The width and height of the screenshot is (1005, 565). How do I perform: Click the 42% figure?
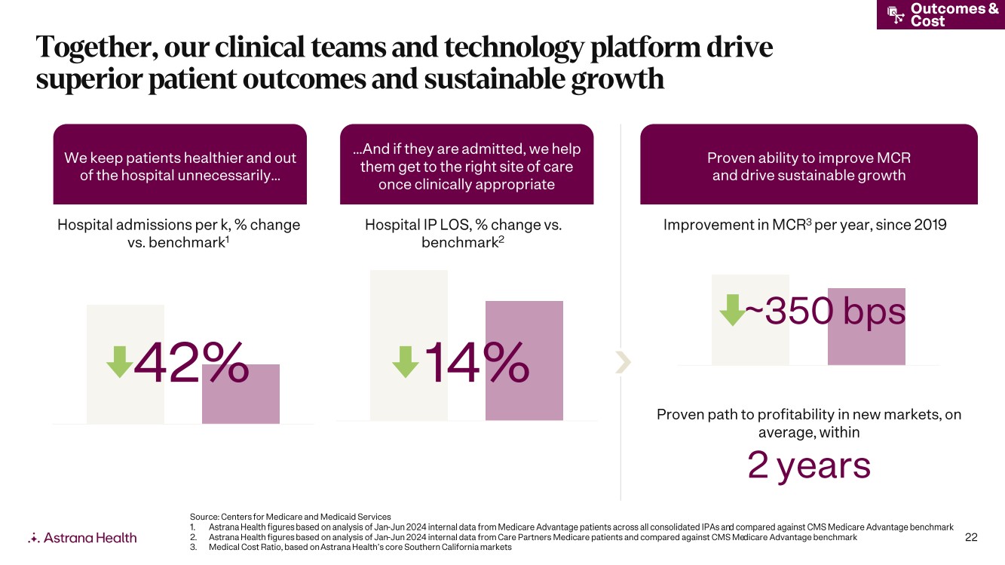pyautogui.click(x=192, y=362)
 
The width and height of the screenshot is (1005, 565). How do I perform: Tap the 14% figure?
pyautogui.click(x=477, y=362)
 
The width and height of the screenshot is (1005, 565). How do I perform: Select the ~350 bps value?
pyautogui.click(x=826, y=311)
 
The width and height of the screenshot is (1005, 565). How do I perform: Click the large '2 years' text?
pyautogui.click(x=809, y=465)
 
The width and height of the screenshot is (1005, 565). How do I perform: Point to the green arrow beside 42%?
pyautogui.click(x=120, y=362)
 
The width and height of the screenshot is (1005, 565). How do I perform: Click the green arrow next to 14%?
pyautogui.click(x=405, y=362)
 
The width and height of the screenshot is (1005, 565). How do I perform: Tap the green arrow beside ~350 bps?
pyautogui.click(x=733, y=310)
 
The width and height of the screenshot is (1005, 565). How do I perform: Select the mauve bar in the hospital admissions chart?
pyautogui.click(x=241, y=394)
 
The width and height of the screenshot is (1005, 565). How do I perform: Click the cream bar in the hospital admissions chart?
pyautogui.click(x=125, y=364)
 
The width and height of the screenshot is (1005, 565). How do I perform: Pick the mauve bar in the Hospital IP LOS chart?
pyautogui.click(x=524, y=361)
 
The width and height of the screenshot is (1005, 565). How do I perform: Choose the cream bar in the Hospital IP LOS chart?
pyautogui.click(x=409, y=345)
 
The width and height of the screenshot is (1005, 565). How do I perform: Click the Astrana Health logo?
pyautogui.click(x=82, y=538)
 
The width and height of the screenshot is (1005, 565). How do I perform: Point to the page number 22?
pyautogui.click(x=971, y=537)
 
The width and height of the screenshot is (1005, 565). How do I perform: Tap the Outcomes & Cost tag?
pyautogui.click(x=941, y=14)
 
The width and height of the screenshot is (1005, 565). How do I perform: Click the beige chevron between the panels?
pyautogui.click(x=624, y=362)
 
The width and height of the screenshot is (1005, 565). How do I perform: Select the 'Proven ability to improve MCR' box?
pyautogui.click(x=809, y=164)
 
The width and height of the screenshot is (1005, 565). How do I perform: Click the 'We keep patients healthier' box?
pyautogui.click(x=180, y=164)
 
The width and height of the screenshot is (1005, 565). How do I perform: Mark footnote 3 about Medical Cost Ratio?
pyautogui.click(x=351, y=547)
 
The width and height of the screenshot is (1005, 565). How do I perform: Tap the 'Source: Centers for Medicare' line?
pyautogui.click(x=290, y=517)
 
